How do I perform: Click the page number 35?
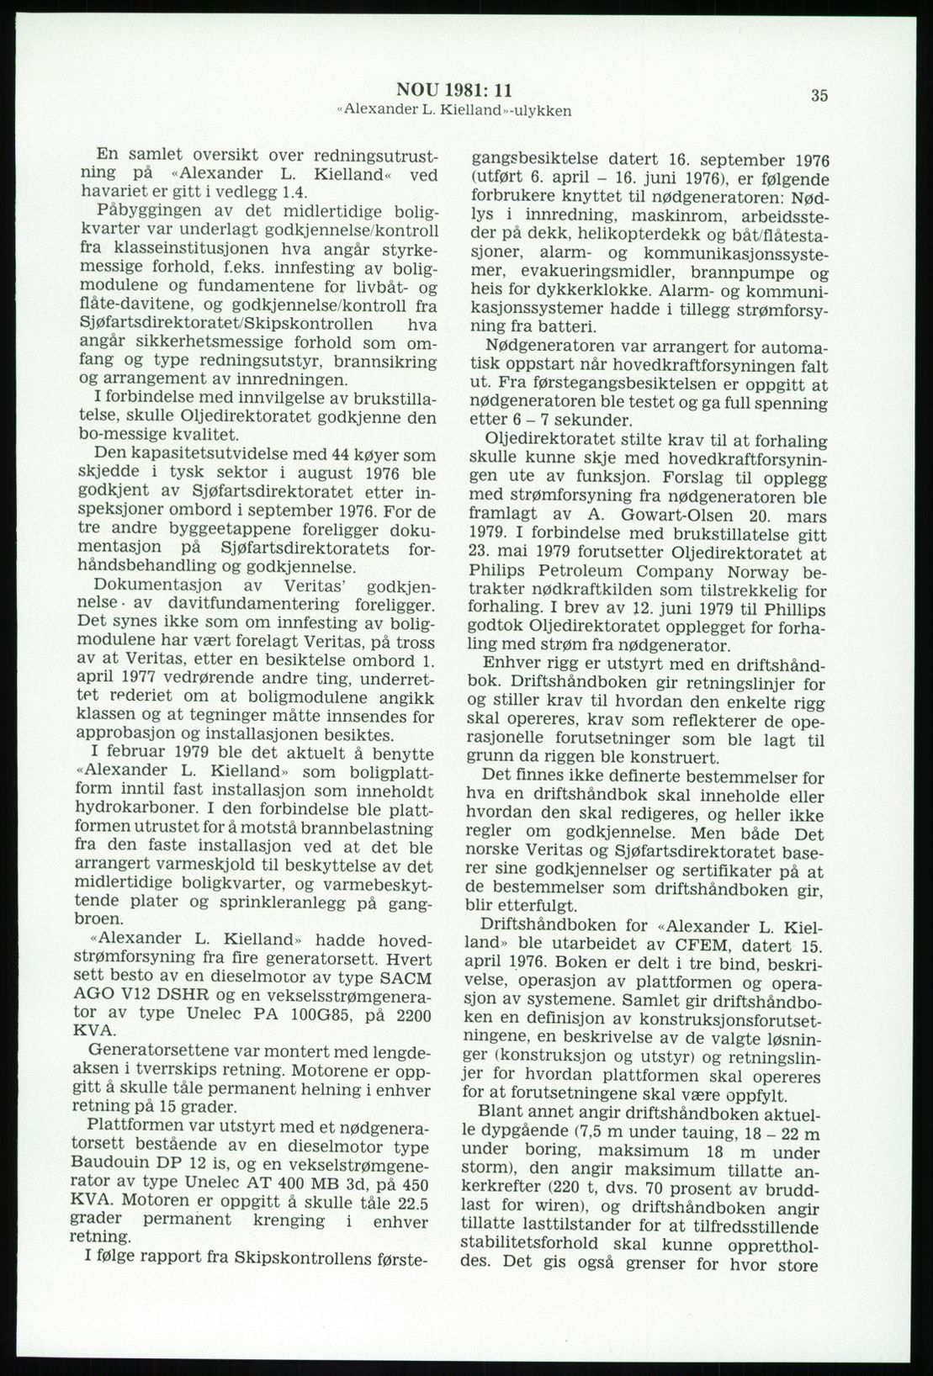819,95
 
